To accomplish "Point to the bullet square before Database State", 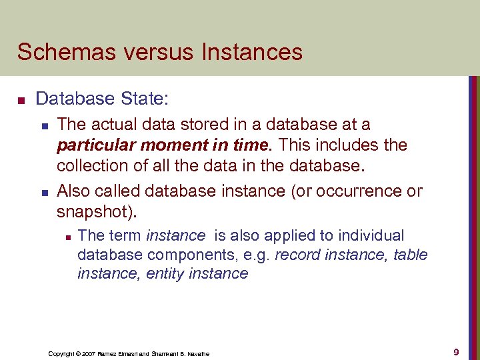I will click(21, 101).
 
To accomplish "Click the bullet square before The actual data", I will click(44, 125).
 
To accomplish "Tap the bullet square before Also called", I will click(44, 193).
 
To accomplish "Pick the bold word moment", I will click(173, 145).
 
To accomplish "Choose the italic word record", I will click(297, 255).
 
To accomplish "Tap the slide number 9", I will click(456, 352).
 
